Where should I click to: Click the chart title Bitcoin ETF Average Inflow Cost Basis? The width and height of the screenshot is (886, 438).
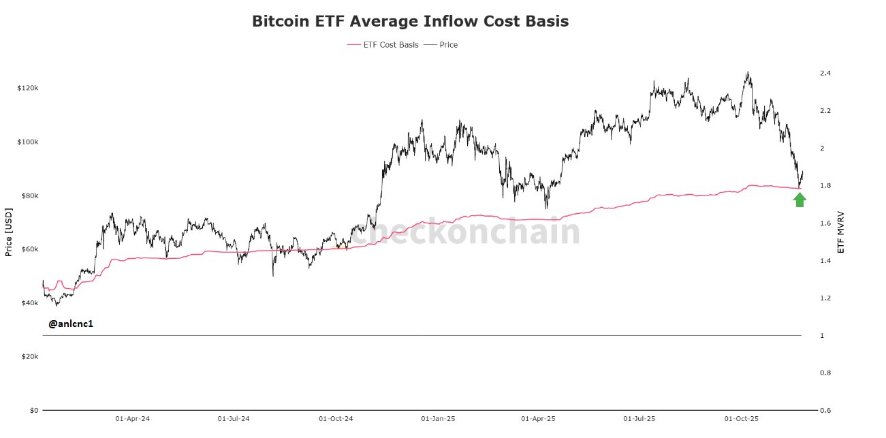pos(410,21)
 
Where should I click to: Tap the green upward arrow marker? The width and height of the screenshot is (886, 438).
pos(800,200)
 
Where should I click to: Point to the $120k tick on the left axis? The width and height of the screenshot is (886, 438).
pos(27,89)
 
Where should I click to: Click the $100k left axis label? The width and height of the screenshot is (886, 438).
pos(27,142)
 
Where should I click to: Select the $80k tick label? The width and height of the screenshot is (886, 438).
pos(29,196)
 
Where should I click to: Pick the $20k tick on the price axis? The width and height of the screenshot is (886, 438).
pos(29,357)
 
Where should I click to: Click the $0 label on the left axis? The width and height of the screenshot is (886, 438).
pos(33,411)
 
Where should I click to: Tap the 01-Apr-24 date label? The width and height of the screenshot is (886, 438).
pos(132,420)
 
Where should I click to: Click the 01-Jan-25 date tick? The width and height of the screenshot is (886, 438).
pos(438,420)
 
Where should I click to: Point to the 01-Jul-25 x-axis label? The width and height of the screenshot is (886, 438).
pos(639,420)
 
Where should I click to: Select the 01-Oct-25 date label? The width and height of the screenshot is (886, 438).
pos(742,420)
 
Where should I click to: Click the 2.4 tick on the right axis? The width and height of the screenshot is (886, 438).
pos(825,73)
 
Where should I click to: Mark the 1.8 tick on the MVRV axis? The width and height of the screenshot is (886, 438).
pos(825,186)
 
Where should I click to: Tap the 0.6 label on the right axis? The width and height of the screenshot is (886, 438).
pos(825,411)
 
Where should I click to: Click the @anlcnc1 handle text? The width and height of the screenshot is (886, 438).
pos(71,324)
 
